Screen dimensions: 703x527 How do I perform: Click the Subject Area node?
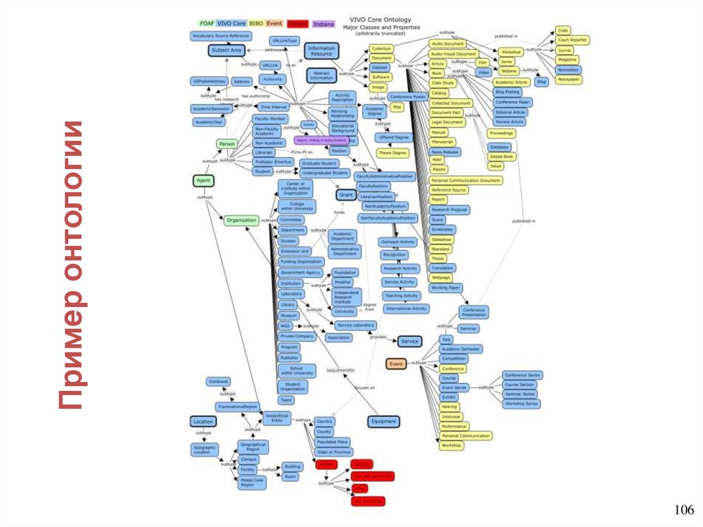(x=227, y=50)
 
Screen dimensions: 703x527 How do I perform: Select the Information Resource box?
(x=321, y=50)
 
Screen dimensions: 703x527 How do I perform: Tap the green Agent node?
(x=203, y=180)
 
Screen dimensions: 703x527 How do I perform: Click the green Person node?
(x=227, y=144)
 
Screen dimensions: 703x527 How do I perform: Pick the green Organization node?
(x=241, y=221)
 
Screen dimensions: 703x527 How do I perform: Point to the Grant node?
(x=345, y=196)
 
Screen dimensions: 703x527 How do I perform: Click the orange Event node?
(x=396, y=363)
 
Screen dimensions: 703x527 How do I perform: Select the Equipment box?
(x=383, y=422)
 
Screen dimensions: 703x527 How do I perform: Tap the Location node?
(x=203, y=421)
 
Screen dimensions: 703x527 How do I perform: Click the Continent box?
(x=218, y=382)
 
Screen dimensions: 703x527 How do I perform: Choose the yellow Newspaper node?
(x=568, y=80)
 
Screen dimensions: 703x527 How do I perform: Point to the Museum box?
(x=288, y=315)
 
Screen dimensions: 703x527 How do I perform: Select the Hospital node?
(x=342, y=282)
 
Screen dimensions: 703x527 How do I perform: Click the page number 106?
(x=684, y=510)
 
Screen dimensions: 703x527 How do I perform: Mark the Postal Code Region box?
(x=251, y=482)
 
